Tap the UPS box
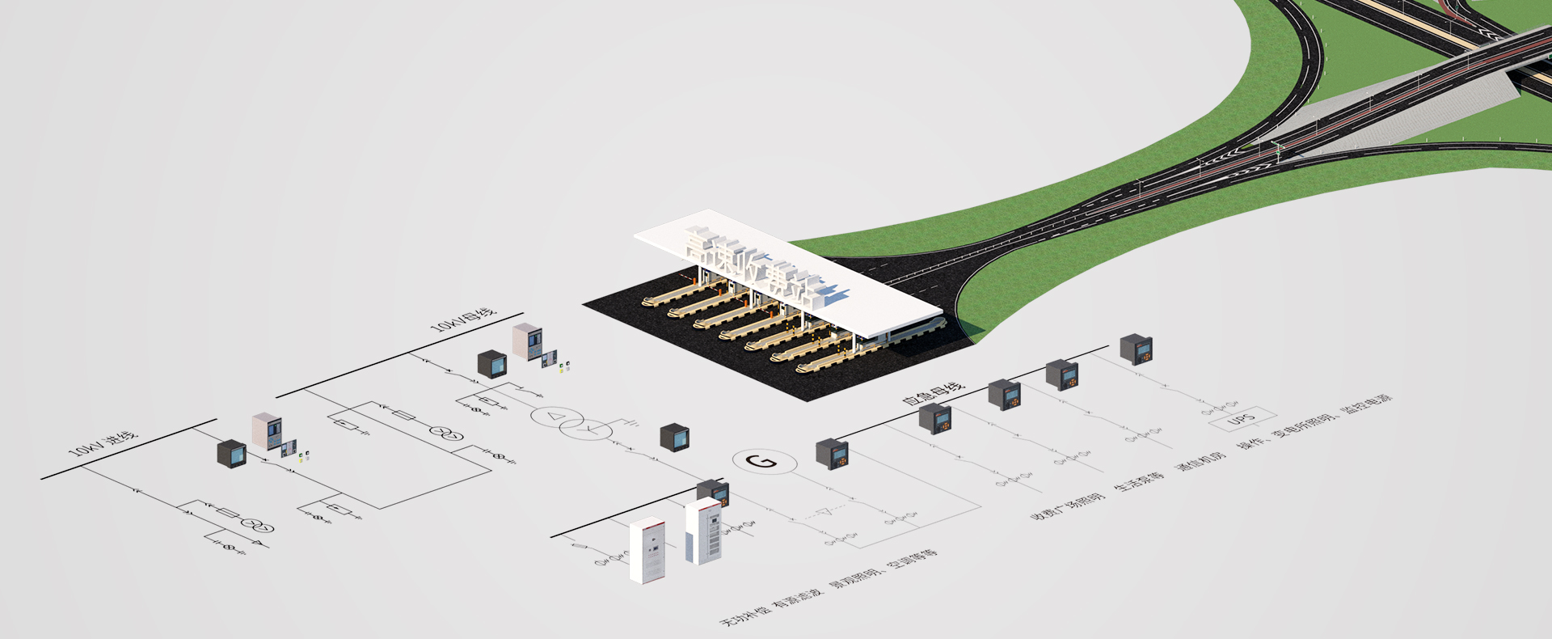1242,419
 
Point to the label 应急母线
933,393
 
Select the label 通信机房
1200,462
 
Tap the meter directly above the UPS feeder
1136,349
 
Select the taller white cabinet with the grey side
703,531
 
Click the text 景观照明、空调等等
886,569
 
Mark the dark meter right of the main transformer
674,437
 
